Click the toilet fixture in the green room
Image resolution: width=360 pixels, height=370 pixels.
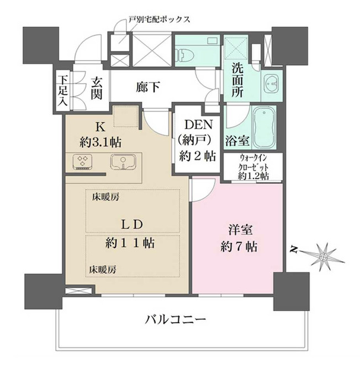pos(184,54)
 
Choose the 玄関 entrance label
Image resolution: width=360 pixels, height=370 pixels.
pos(97,89)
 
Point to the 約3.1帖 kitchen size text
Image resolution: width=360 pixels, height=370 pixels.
pos(100,141)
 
